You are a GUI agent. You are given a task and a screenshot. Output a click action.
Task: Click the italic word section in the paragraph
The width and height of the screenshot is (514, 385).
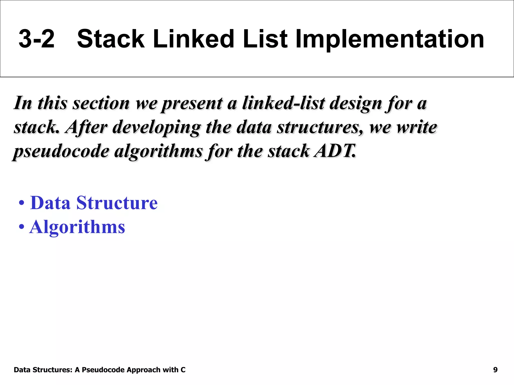pos(101,103)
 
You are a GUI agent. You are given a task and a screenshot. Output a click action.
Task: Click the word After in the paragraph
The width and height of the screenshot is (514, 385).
pos(86,127)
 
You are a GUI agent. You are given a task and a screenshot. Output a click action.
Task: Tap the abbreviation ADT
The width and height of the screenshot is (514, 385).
pos(335,151)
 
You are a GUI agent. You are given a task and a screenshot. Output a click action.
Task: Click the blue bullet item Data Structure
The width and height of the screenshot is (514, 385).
pos(94,203)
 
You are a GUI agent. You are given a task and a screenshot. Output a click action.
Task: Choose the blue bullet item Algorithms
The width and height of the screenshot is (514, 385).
pos(77,227)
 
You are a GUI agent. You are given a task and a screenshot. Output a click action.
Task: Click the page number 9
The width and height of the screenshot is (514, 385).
pos(495,370)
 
